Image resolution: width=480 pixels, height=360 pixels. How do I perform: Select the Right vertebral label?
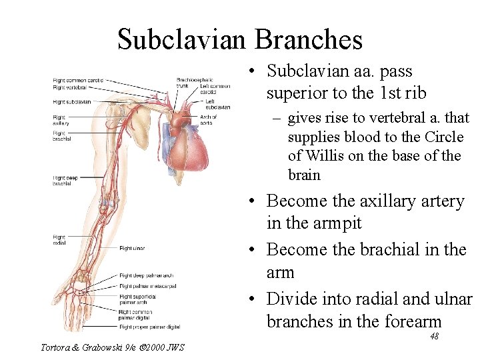point(71,88)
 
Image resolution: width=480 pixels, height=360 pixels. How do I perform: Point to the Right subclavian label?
point(72,102)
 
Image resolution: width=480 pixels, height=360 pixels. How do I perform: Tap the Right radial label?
point(59,240)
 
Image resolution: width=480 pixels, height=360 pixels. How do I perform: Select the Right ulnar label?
point(131,249)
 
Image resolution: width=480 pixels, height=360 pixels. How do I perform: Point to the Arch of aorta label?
point(209,120)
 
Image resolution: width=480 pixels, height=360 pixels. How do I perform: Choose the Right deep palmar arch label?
point(146,275)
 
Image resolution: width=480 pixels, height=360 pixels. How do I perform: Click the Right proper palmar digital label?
point(149,327)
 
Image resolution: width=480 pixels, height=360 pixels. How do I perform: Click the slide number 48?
point(434,337)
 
